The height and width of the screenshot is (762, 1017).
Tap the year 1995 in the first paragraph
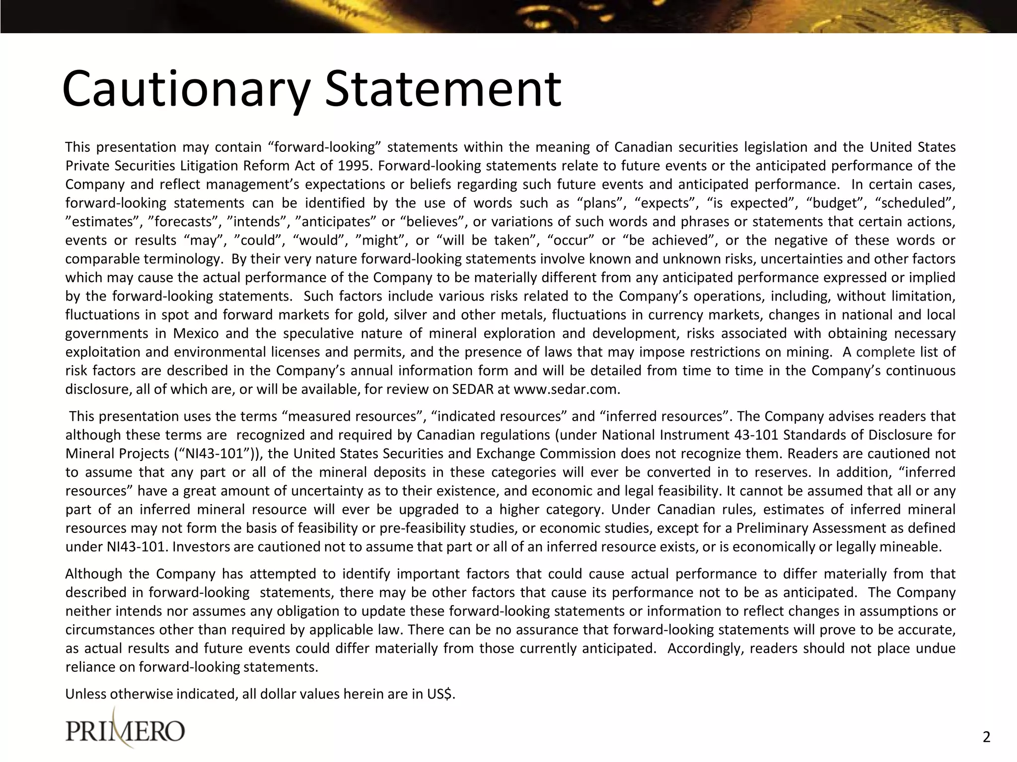pyautogui.click(x=356, y=166)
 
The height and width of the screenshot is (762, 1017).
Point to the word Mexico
pyautogui.click(x=196, y=333)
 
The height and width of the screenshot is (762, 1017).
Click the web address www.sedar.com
pyautogui.click(x=566, y=389)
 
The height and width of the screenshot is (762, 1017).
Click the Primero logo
pyautogui.click(x=125, y=730)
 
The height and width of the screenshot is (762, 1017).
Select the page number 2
pyautogui.click(x=986, y=738)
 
